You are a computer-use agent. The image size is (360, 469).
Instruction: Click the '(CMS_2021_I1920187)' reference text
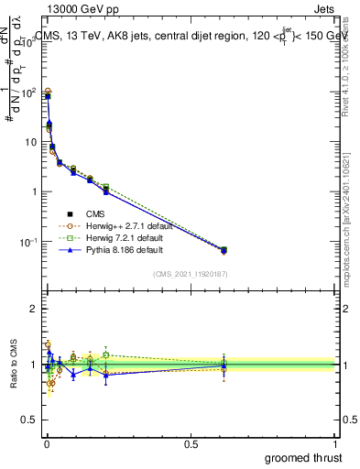[191, 273]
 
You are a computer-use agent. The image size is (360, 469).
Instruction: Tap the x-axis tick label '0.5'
[191, 443]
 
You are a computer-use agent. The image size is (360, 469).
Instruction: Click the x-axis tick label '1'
[335, 443]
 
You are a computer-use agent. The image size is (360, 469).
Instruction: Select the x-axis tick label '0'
[46, 443]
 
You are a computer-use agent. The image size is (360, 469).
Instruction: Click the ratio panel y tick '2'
[34, 309]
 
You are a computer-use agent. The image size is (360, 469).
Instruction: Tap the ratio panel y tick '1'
[34, 365]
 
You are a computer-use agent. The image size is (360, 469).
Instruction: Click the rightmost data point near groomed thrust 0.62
[224, 249]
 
